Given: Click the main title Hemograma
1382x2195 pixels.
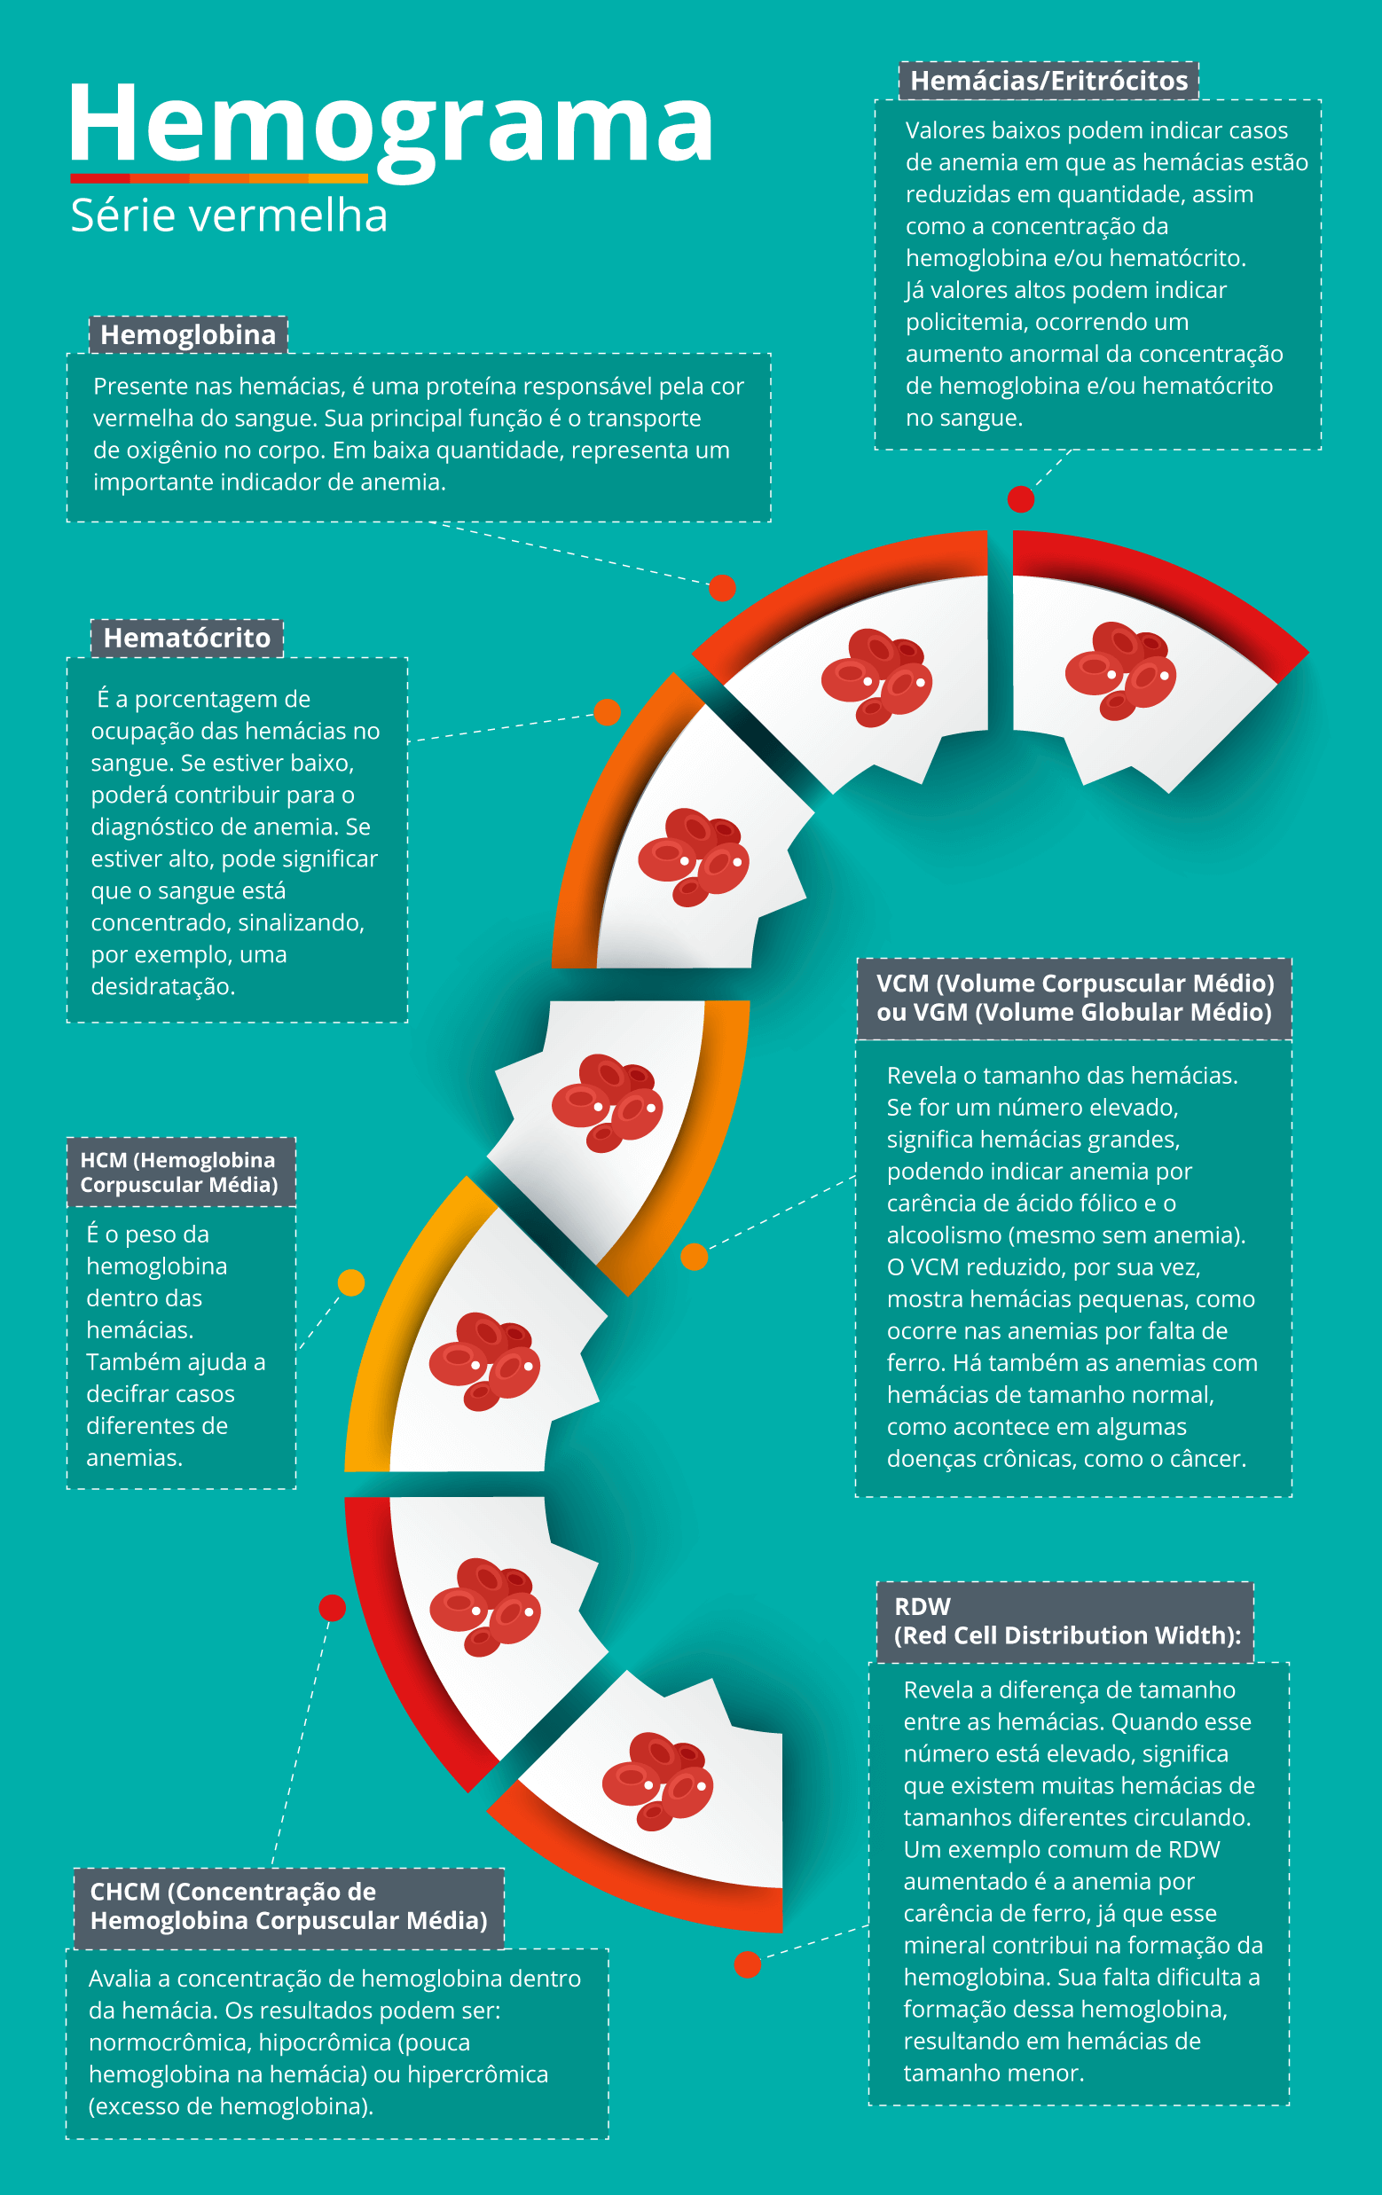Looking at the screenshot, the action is (391, 128).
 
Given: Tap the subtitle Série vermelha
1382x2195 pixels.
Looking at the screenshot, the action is (229, 216).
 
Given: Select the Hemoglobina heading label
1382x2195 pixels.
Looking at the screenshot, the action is (188, 334).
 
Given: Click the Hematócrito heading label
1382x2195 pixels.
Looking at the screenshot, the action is (187, 637).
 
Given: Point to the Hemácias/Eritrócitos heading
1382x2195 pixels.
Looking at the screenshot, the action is (1048, 80).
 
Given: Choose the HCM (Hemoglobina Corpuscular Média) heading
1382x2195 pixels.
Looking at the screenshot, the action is (180, 1172).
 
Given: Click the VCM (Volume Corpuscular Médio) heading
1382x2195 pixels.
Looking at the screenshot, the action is (1074, 998).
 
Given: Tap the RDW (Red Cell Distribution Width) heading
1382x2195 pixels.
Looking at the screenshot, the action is (1064, 1621).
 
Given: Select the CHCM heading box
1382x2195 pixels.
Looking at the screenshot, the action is (288, 1908).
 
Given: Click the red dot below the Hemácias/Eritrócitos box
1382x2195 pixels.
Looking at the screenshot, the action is (1021, 499).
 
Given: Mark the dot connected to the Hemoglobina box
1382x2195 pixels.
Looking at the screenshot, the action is (722, 588).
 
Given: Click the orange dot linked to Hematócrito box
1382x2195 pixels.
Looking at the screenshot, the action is (607, 713).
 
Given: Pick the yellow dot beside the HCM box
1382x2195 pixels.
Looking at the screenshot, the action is (351, 1282).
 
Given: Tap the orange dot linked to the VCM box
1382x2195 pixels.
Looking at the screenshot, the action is (695, 1257).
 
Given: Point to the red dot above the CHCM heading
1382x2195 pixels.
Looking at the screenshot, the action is (332, 1608).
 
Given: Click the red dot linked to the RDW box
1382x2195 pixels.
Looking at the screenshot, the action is (748, 1964).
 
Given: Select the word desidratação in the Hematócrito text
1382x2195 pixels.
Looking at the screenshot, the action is (163, 986).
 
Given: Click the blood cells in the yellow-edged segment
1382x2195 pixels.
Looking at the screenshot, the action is (485, 1361).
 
